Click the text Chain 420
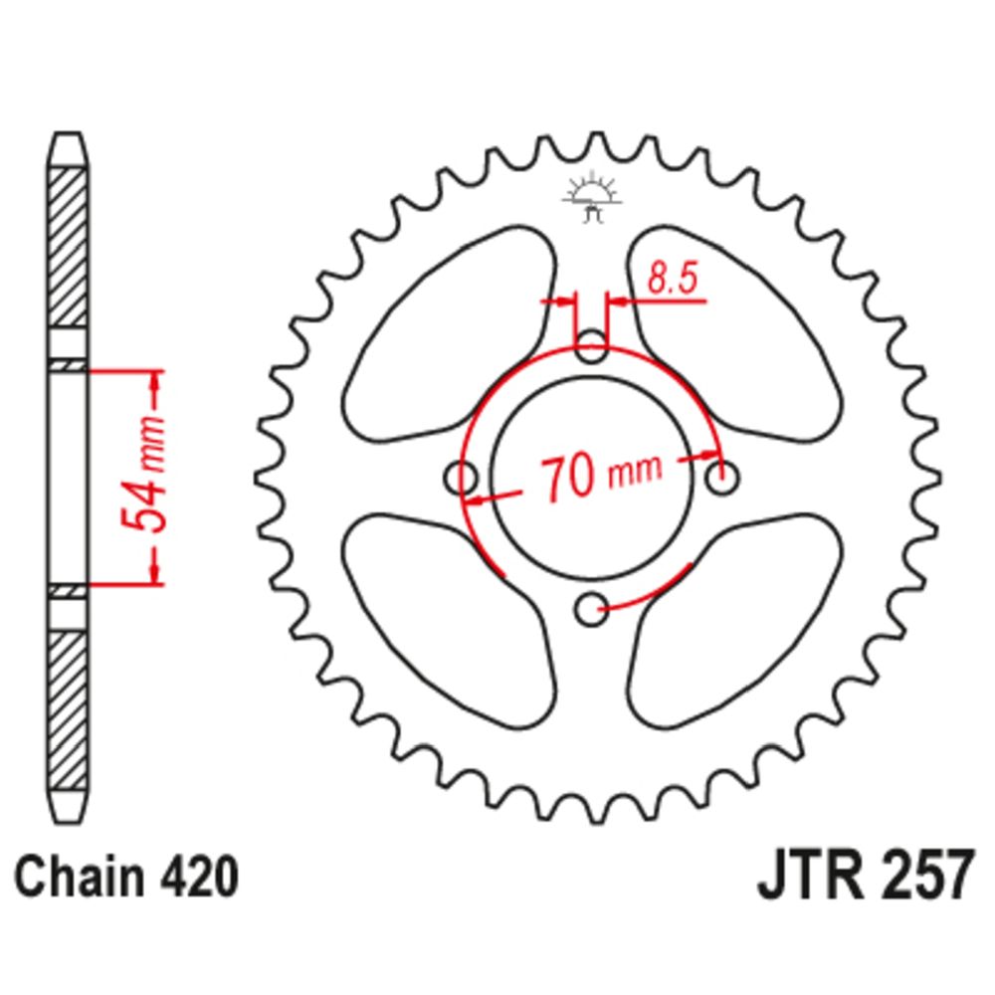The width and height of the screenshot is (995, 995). click(x=126, y=878)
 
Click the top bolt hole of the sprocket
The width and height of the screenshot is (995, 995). click(x=591, y=346)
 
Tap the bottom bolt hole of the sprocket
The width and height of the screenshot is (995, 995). click(x=591, y=610)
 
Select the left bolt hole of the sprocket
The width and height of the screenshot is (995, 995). click(x=461, y=478)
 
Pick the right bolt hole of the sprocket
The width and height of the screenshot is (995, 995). click(x=722, y=478)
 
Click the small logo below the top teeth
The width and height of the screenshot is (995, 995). click(x=591, y=197)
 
